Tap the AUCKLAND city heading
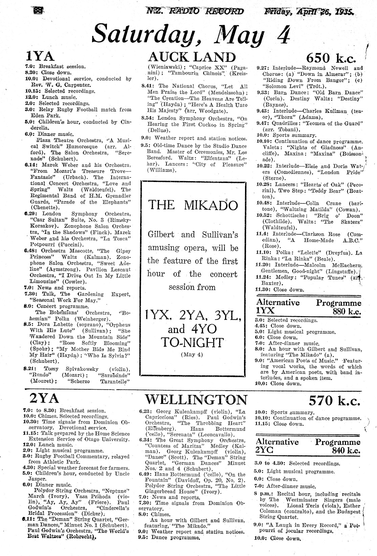pyautogui.click(x=193, y=57)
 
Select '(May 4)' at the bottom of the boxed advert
pyautogui.click(x=192, y=355)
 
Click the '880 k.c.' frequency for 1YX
pyautogui.click(x=347, y=311)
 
